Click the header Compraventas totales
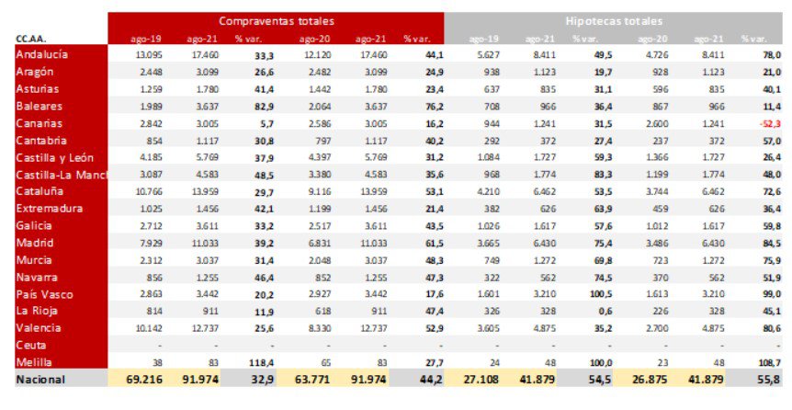(276, 20)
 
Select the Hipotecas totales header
(615, 20)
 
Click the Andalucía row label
(42, 55)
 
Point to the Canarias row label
(40, 123)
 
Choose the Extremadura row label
(48, 209)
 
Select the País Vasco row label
(45, 294)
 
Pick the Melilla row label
(36, 362)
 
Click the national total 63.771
(312, 379)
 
